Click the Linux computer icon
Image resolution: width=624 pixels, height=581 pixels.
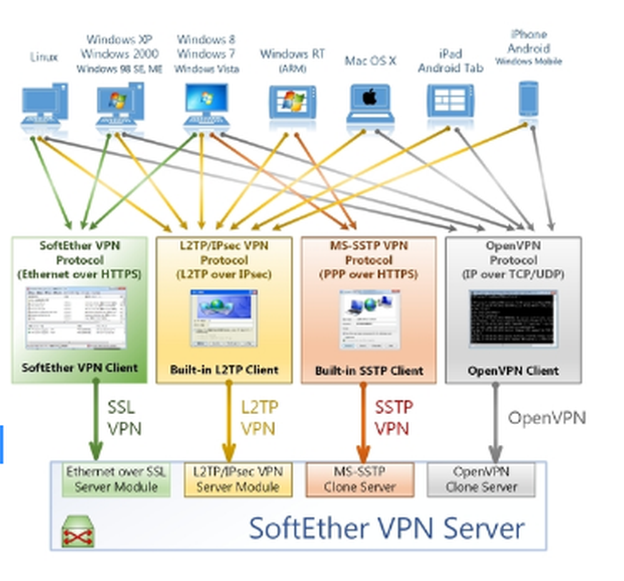[44, 106]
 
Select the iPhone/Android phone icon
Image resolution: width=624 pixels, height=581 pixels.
[529, 99]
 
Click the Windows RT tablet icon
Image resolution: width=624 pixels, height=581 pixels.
[292, 102]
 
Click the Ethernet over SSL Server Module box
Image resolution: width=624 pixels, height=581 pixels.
[116, 479]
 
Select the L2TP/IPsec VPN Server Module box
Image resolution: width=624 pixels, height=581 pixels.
[238, 479]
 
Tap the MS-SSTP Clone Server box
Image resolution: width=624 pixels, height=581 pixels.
[359, 479]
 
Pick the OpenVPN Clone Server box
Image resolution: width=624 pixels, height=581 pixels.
[481, 479]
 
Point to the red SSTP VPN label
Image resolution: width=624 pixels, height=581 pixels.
[393, 419]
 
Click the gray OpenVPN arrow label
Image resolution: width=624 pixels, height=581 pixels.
[547, 418]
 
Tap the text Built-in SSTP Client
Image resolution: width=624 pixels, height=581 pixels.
[369, 370]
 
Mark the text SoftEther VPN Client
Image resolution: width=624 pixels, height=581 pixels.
[79, 367]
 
